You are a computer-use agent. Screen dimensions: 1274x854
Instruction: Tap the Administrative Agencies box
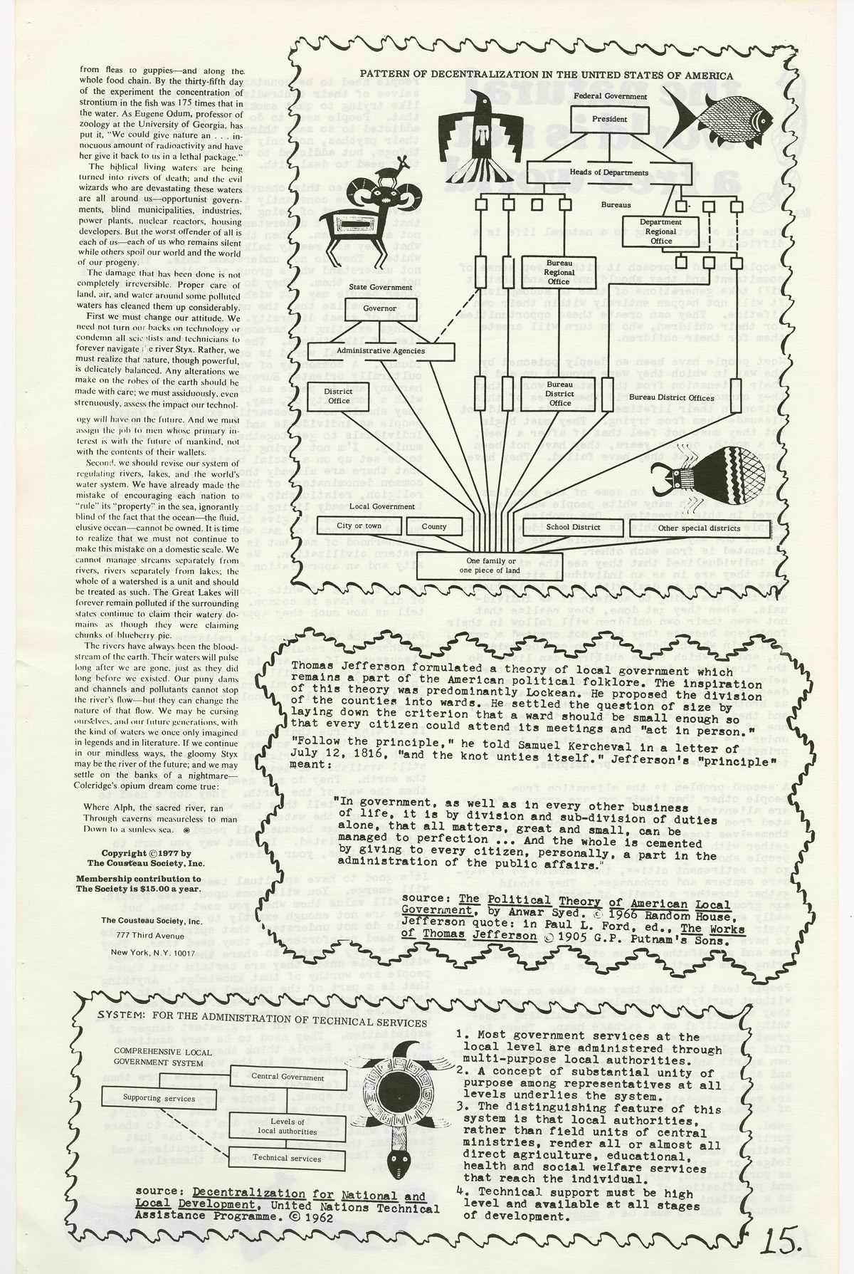point(390,350)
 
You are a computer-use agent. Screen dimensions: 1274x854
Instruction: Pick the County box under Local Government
point(434,527)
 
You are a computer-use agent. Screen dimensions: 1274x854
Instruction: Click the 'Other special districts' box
point(688,528)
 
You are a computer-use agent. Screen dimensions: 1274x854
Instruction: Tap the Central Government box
point(288,1077)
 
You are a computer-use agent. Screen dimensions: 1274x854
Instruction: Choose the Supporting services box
point(159,1097)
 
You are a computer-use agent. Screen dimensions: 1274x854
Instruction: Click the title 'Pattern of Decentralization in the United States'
point(547,75)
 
